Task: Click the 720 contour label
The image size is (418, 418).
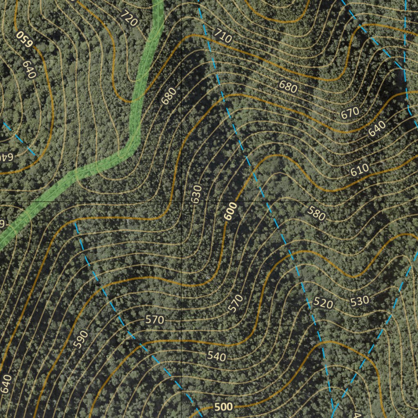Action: click(x=129, y=18)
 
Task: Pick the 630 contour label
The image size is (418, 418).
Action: click(x=196, y=194)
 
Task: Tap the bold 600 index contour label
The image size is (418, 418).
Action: click(x=231, y=212)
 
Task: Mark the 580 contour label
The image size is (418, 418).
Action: click(x=316, y=213)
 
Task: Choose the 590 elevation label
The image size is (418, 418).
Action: click(x=81, y=339)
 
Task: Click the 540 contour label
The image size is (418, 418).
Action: click(x=216, y=356)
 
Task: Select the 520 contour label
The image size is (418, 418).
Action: click(x=323, y=303)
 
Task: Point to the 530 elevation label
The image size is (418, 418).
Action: click(x=359, y=301)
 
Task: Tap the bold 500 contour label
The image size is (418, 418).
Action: click(x=223, y=407)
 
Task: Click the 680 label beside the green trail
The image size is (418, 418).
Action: click(x=169, y=96)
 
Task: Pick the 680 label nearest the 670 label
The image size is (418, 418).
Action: click(x=288, y=86)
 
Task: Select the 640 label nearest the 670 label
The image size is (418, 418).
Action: click(x=377, y=129)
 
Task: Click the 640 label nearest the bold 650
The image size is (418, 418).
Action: click(x=29, y=69)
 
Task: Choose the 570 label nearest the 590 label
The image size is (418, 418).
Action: click(x=154, y=320)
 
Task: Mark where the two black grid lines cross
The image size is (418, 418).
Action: click(x=181, y=202)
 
